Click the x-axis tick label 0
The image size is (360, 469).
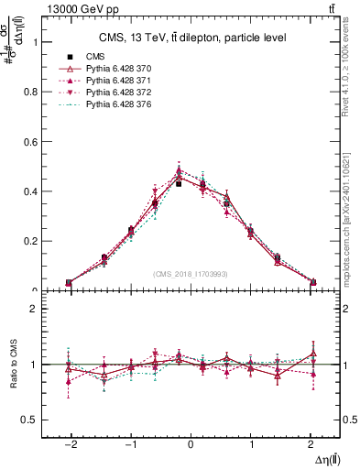191,442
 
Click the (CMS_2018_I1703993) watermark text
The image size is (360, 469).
191,274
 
